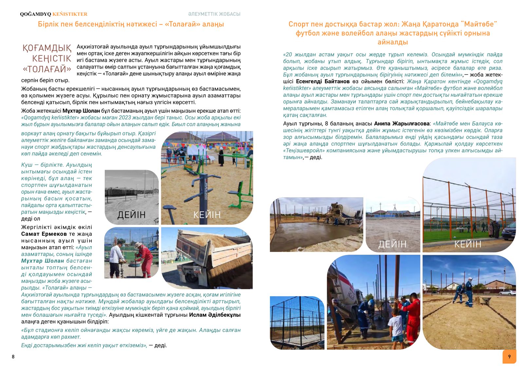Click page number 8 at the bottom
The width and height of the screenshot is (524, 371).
pos(13,357)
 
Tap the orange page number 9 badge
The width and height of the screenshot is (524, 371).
pos(509,357)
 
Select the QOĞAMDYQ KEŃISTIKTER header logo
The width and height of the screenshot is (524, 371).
pos(54,14)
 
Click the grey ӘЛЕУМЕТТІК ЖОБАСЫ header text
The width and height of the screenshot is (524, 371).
pos(214,14)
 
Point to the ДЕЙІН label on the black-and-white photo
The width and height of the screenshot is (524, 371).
pos(131,215)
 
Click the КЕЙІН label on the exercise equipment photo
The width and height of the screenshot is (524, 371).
pos(207,215)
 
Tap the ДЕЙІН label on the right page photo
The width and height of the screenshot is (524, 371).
pos(392,244)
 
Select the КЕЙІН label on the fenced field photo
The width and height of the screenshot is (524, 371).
pos(468,244)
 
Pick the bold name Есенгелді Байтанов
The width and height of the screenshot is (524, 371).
pos(323,81)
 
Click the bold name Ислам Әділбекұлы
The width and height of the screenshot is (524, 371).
pos(215,315)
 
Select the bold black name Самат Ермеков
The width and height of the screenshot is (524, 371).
pos(44,234)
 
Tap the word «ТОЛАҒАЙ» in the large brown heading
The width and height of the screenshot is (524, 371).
pos(47,69)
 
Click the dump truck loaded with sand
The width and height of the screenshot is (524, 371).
pos(206,258)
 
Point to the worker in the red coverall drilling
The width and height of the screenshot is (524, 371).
pos(144,257)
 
